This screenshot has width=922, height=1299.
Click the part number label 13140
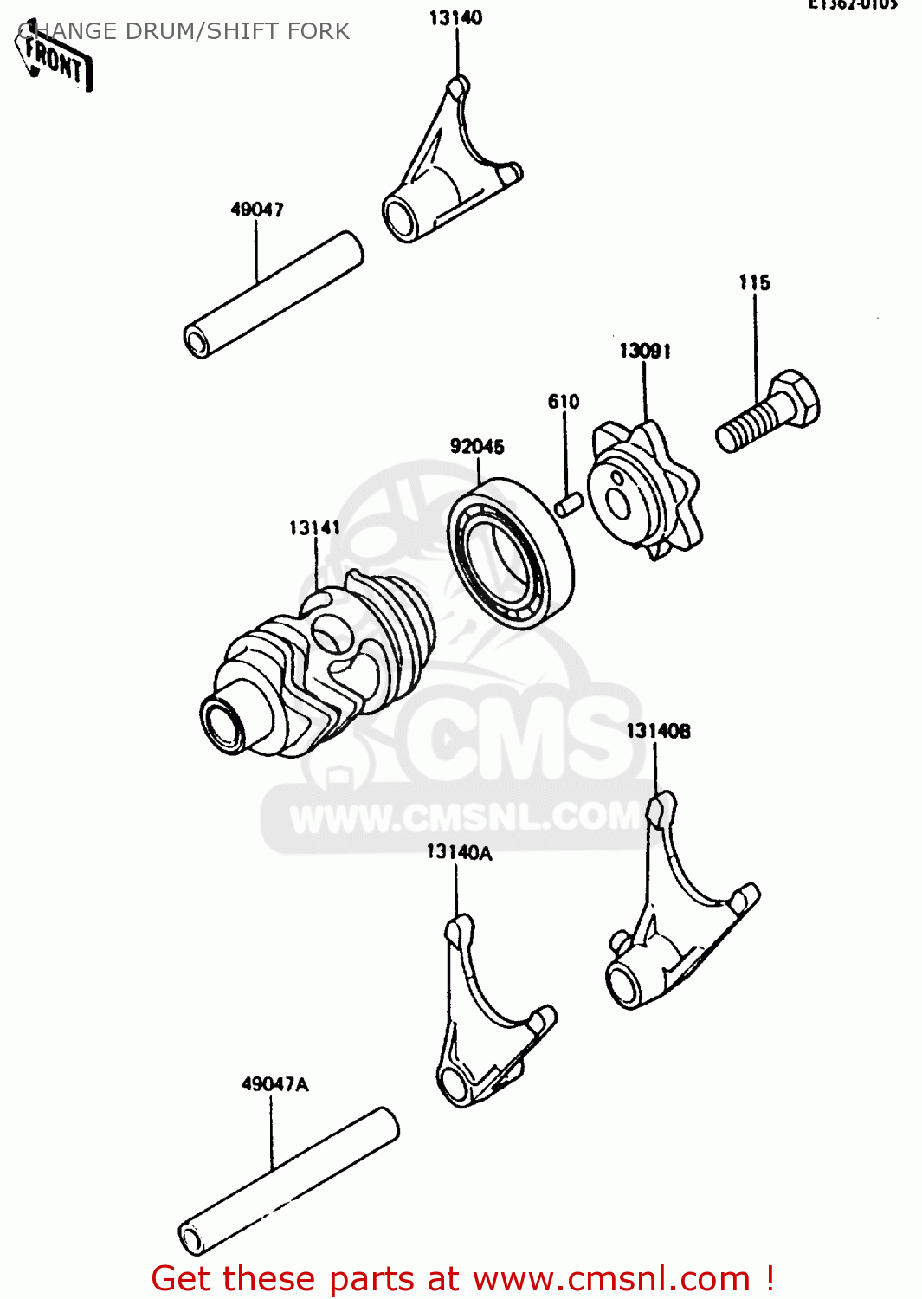tap(455, 17)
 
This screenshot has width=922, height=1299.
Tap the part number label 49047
tap(257, 210)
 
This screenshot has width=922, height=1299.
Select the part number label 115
tap(754, 282)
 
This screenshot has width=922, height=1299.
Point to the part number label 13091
tap(644, 351)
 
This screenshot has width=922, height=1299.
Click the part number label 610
tap(564, 402)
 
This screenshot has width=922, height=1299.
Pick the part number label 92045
tap(477, 447)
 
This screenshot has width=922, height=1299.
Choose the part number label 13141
tap(314, 528)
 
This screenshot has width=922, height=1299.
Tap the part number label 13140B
tap(658, 731)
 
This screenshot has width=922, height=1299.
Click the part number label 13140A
tap(459, 853)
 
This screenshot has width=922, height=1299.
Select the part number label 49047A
tap(274, 1084)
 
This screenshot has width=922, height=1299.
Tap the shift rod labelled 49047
tap(274, 294)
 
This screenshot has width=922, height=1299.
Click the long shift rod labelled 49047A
tap(289, 1180)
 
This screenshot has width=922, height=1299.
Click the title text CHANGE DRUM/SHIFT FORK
tap(184, 31)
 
